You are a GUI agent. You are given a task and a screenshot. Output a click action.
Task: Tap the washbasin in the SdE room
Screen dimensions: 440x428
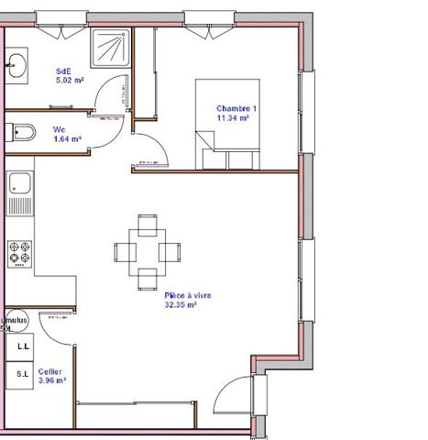[16, 64]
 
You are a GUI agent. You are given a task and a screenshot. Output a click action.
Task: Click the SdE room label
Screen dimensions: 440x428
[63, 71]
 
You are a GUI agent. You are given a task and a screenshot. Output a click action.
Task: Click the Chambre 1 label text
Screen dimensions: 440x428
[236, 108]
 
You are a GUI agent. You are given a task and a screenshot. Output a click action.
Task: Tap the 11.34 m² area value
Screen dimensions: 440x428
[235, 118]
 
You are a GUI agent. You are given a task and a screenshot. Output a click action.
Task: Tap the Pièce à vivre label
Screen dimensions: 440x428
[188, 295]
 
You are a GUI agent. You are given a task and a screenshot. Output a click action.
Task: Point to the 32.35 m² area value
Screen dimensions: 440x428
[181, 305]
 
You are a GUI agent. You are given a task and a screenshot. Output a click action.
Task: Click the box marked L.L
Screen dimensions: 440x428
[22, 346]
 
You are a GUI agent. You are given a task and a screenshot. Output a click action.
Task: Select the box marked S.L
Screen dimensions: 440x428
[22, 374]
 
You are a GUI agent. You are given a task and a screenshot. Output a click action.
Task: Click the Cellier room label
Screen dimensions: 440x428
[51, 371]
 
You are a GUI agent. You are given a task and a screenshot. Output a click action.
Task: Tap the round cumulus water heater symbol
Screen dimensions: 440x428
[13, 322]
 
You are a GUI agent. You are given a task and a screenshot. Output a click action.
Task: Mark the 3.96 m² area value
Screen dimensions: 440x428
[51, 380]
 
